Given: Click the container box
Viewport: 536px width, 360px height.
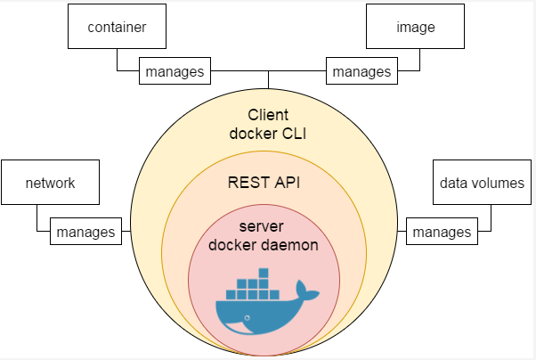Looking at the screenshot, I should pos(118,27).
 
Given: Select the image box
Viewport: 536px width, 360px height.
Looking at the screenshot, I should pos(415,27).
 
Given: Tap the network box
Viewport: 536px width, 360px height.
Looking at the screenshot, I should pos(50,184).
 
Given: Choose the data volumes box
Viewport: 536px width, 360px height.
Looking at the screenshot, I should pos(482,184).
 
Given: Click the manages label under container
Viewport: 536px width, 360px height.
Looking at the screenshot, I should pos(175,70).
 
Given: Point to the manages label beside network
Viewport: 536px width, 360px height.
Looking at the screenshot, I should pos(85,232).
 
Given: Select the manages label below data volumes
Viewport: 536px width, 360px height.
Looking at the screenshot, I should pos(442,232).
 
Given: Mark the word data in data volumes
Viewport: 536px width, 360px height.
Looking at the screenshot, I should pos(455,184).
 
